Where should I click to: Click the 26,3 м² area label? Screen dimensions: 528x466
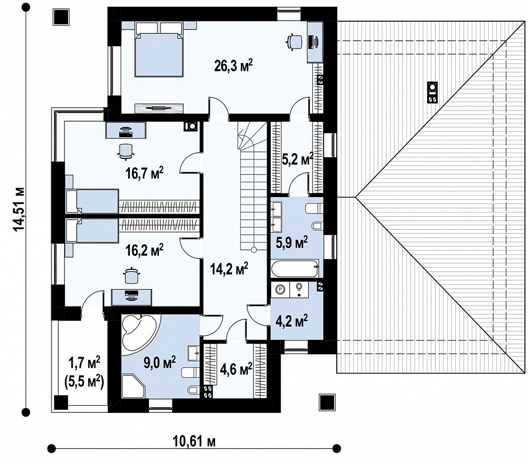point(234,66)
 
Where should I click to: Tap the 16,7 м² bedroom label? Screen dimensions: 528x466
point(144,173)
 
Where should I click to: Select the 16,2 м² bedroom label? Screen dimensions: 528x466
point(144,250)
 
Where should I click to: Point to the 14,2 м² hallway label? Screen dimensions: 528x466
point(229,268)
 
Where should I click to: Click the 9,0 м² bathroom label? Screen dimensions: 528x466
point(160,363)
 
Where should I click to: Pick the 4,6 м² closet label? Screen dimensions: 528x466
point(236,369)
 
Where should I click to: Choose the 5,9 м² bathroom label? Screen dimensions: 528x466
point(292,242)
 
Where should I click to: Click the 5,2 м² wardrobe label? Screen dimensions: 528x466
point(298,158)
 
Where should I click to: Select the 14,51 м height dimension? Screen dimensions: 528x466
point(19,209)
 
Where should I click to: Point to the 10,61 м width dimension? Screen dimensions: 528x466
point(194,441)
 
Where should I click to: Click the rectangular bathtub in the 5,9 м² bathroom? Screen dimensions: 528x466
point(295,268)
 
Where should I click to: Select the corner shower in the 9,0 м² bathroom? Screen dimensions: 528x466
point(134,386)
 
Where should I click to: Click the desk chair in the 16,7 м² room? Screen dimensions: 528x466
point(126,151)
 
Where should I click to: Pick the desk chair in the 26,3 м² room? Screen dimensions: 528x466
point(294,41)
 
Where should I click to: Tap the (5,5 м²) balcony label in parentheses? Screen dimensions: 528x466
point(84,382)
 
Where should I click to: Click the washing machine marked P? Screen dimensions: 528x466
point(280,290)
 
